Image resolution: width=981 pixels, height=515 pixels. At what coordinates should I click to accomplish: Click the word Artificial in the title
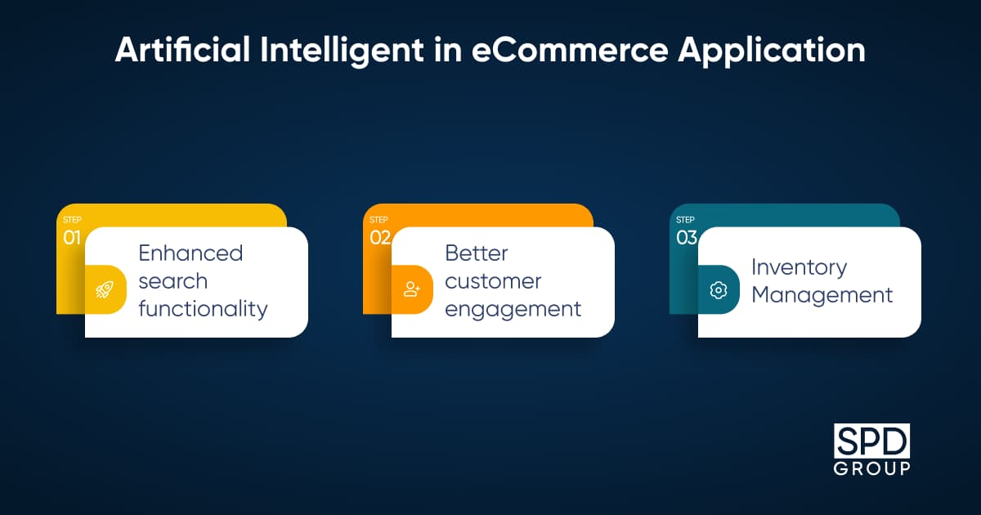[x=182, y=50]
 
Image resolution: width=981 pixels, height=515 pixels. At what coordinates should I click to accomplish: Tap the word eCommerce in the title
[x=570, y=50]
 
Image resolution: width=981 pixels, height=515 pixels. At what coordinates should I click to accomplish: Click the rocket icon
[x=105, y=289]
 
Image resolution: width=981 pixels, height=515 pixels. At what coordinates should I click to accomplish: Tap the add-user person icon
[x=412, y=289]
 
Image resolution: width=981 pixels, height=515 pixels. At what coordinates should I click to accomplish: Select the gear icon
[x=719, y=290]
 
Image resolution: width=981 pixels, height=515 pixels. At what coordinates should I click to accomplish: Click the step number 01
[x=72, y=238]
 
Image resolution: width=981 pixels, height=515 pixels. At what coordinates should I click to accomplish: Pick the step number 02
[x=379, y=238]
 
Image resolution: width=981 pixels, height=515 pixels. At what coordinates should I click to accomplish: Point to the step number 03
[x=686, y=238]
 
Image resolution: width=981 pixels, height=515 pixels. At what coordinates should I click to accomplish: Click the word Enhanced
[x=190, y=253]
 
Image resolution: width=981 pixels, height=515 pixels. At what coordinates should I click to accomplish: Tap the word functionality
[x=203, y=309]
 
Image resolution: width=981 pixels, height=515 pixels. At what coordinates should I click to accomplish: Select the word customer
[x=493, y=281]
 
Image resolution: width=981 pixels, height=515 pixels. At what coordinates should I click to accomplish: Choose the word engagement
[x=513, y=310]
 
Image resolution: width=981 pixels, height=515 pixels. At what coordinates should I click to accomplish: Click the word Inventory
[x=800, y=267]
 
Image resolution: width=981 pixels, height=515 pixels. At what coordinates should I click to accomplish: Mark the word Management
[x=822, y=295]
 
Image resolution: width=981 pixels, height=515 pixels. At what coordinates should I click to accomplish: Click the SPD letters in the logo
[x=871, y=441]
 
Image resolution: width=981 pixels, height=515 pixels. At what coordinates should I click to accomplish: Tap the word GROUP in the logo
[x=871, y=468]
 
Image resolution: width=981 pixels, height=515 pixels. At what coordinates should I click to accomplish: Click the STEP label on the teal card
[x=685, y=219]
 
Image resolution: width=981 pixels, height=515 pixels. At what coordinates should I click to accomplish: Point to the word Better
[x=477, y=253]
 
